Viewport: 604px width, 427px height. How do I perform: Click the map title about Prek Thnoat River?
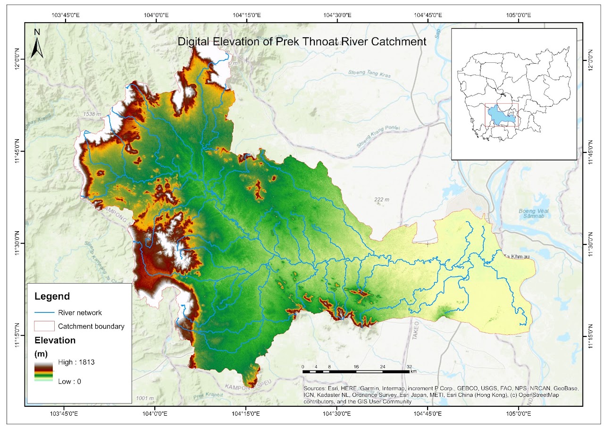pos(302,42)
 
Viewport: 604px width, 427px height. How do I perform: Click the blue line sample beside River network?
pos(44,313)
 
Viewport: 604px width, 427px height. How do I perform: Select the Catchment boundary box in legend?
pos(44,326)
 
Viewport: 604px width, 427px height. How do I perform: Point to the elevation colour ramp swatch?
pos(44,371)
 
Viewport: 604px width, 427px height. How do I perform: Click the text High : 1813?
pos(77,362)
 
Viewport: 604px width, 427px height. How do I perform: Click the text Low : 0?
pos(69,381)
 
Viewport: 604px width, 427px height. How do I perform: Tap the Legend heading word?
pos(52,296)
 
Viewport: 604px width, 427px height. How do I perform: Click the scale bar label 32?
pos(409,367)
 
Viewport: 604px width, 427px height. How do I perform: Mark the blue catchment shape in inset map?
pos(501,115)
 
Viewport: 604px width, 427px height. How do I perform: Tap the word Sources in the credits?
pos(315,388)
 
